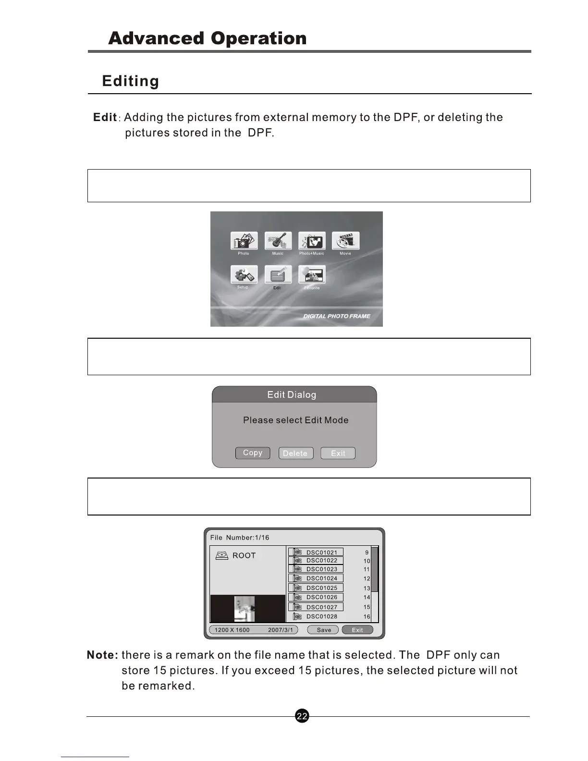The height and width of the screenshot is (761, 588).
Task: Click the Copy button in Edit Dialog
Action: pos(253,453)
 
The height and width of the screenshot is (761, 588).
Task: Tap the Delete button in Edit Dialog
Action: pos(295,454)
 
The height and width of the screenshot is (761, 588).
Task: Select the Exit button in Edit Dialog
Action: pos(338,454)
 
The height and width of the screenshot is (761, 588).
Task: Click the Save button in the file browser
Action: pos(323,630)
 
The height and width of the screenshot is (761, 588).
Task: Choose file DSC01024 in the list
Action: pos(321,578)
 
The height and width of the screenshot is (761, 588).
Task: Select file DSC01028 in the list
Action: pos(321,616)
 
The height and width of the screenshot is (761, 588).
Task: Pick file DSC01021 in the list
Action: pos(321,552)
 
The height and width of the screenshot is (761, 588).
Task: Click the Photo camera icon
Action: pos(244,241)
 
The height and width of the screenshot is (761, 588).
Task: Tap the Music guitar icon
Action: pos(278,241)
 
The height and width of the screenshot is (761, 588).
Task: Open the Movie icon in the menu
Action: pos(345,241)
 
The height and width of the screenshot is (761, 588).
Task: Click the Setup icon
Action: pos(244,275)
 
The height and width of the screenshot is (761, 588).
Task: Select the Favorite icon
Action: pos(312,275)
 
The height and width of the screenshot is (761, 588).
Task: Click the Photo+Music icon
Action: pos(312,241)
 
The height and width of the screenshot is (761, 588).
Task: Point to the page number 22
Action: pos(302,716)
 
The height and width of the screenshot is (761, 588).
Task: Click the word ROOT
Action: pos(244,555)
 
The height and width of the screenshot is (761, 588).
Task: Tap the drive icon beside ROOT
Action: pos(221,555)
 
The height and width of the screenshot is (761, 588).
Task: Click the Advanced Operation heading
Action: pos(207,38)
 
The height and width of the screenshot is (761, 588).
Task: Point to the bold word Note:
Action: pos(102,655)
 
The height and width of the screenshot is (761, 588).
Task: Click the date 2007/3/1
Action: pos(280,630)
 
